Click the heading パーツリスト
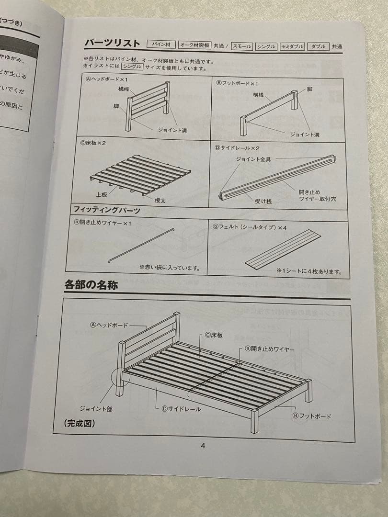[112, 44]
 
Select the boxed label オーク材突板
[195, 45]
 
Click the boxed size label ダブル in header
[318, 46]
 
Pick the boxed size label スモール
[242, 46]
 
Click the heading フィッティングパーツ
[106, 210]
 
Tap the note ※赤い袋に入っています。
[170, 268]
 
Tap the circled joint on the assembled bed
[120, 377]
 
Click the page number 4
[203, 446]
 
